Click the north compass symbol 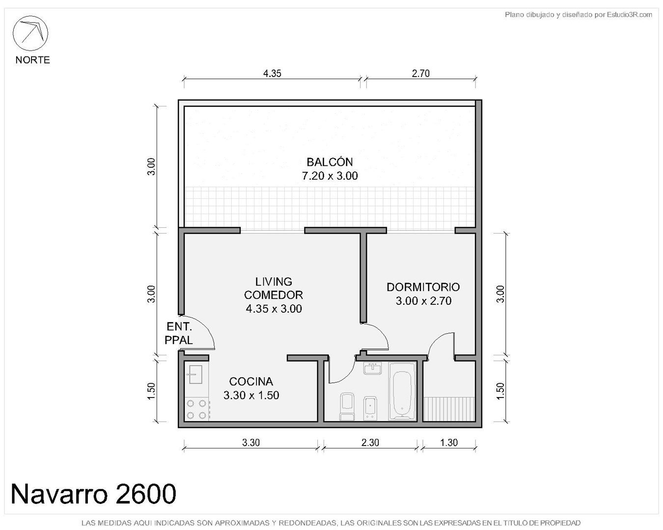(30, 33)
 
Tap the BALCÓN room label (330, 162)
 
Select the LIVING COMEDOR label (274, 288)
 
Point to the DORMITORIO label (423, 287)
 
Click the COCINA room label (251, 382)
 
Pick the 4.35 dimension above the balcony (272, 73)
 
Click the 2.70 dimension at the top (420, 73)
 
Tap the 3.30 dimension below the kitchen (251, 443)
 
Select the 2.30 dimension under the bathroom (370, 443)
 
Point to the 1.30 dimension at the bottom (449, 443)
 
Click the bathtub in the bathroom (402, 391)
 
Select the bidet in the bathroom (370, 408)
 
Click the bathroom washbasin (372, 368)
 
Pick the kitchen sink (195, 374)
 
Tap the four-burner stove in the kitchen (196, 409)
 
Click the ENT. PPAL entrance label (179, 333)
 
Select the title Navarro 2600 (93, 494)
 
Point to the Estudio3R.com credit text (578, 14)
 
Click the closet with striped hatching (449, 409)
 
